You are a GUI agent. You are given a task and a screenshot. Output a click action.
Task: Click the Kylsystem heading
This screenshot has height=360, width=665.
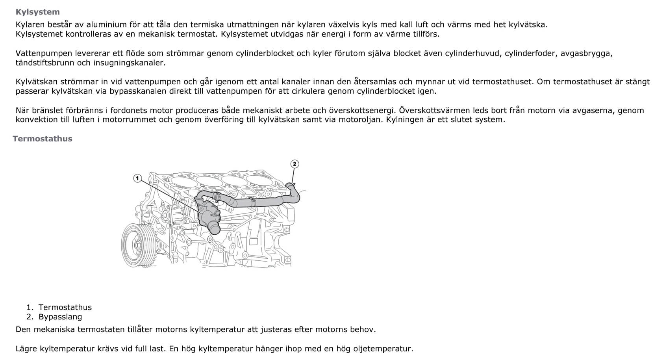[37, 12]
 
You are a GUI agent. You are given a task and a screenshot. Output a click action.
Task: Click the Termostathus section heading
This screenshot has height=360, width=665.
[42, 139]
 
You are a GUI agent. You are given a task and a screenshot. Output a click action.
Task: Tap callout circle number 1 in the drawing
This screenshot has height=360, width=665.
[137, 178]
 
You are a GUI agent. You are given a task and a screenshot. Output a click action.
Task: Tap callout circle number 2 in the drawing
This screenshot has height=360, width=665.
[295, 164]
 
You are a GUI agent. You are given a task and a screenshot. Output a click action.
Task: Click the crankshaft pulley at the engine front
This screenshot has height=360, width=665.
[138, 245]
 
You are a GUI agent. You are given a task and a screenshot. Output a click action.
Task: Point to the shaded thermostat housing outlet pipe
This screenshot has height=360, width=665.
[214, 227]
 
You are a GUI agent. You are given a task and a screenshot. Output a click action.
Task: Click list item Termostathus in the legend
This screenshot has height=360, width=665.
[65, 307]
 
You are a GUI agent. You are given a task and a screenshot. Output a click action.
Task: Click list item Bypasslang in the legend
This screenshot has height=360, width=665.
[60, 317]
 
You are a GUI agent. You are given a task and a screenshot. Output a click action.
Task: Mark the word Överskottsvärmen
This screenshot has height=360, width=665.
[432, 110]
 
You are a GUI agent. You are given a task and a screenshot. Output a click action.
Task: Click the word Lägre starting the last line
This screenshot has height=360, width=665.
[27, 349]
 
